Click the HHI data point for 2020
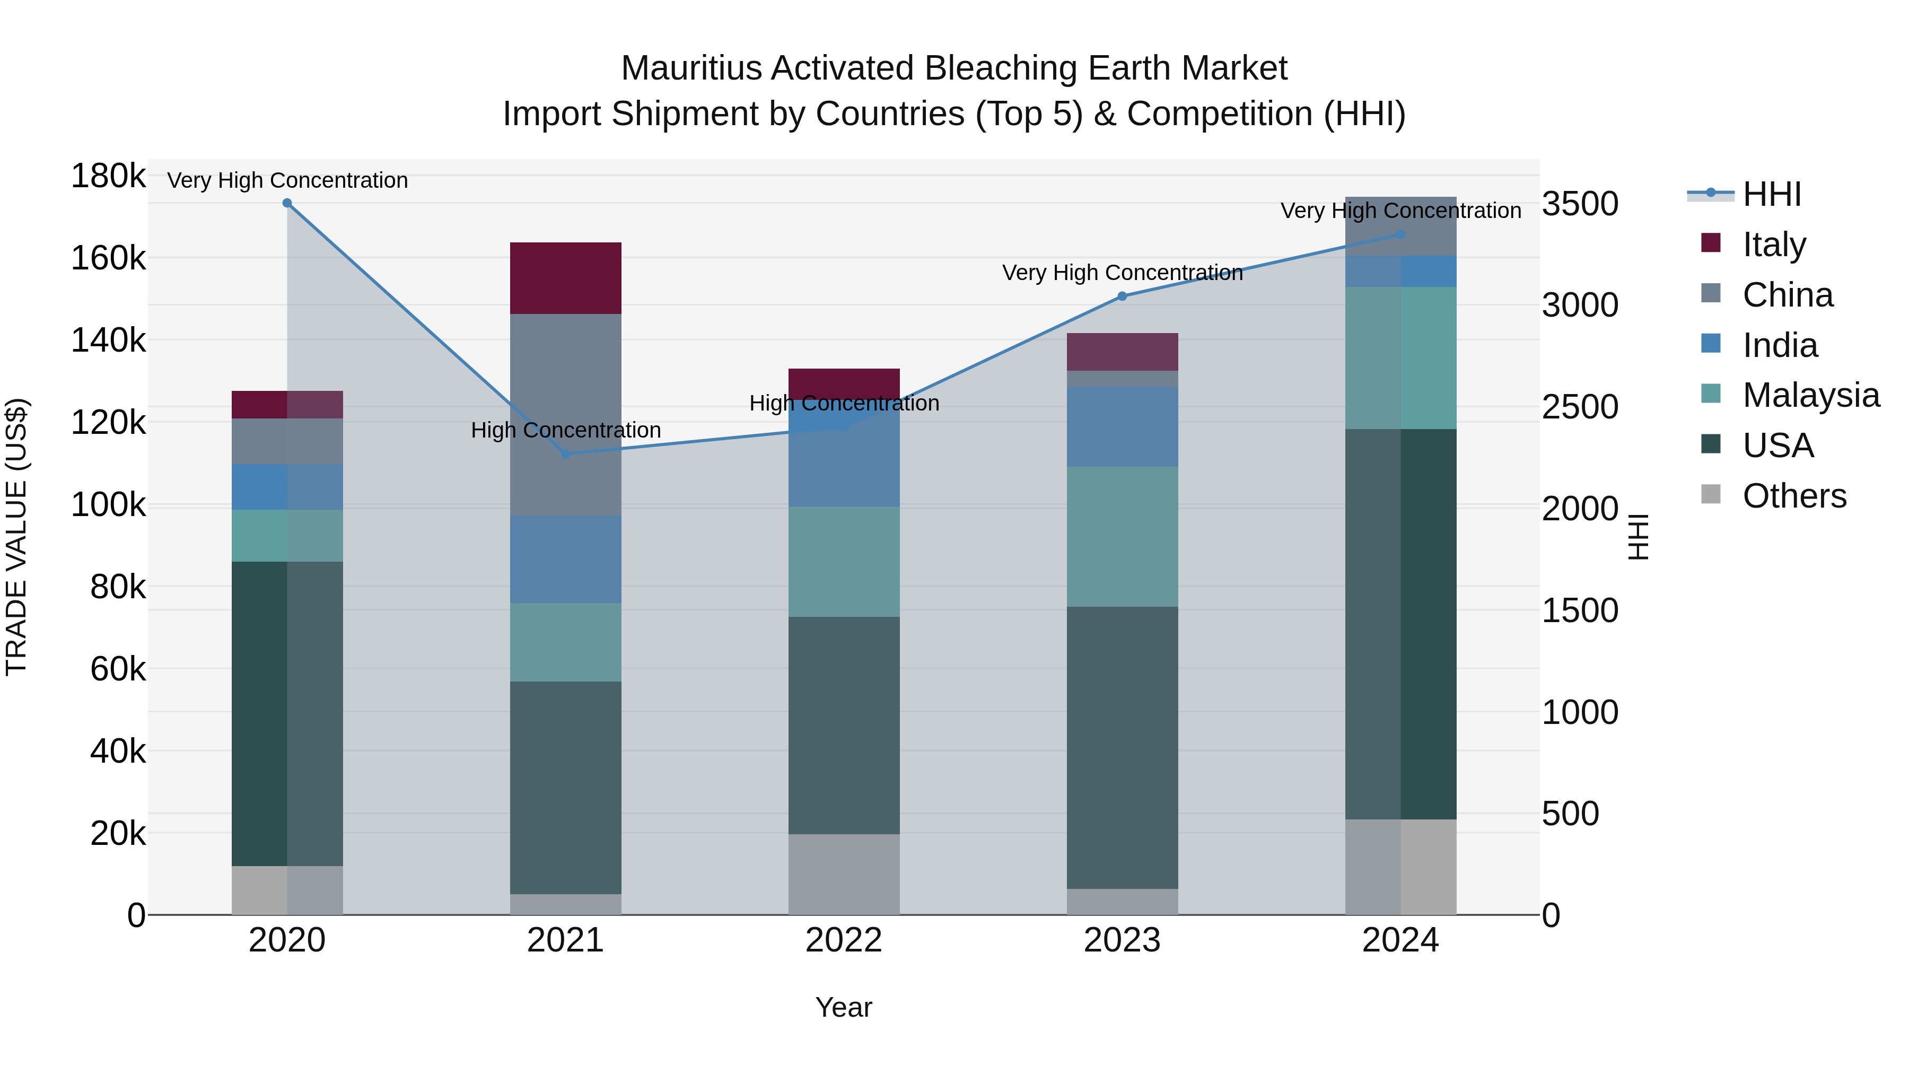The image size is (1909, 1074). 287,203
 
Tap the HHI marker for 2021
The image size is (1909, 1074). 565,453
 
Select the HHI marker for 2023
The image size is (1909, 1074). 1122,296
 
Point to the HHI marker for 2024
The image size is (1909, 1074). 1400,234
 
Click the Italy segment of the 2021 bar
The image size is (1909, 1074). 565,278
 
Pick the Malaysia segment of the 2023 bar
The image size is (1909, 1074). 1122,537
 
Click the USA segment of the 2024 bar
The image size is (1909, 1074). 1400,624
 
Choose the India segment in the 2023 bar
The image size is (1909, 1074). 1122,426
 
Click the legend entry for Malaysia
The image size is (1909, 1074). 1810,395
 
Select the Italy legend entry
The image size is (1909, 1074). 1774,244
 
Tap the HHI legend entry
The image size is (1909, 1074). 1771,194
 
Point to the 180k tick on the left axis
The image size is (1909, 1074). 108,177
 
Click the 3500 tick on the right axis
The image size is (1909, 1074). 1580,204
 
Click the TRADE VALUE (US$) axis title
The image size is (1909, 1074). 16,537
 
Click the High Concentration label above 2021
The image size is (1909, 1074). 565,430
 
